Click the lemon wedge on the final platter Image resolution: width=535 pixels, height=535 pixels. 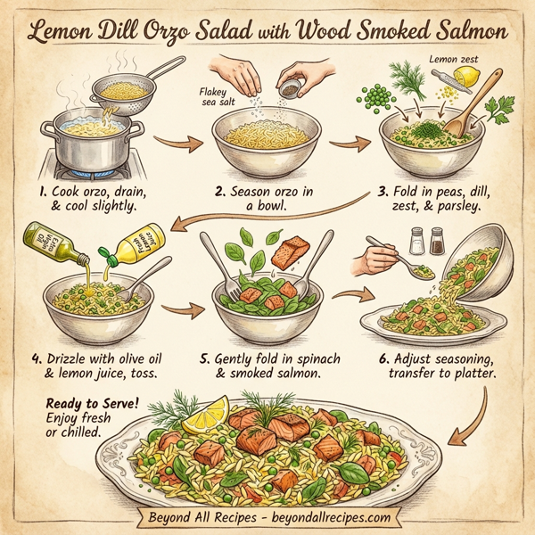coord(204,412)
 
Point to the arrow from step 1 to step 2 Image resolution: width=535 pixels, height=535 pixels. coord(173,141)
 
